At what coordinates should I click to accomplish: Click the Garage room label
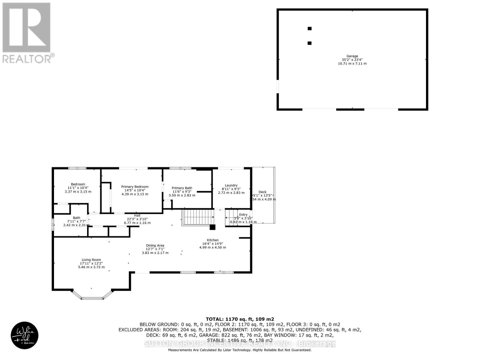[352, 56]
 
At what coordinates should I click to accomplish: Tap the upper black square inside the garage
[310, 28]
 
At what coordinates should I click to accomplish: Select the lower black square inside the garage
[309, 43]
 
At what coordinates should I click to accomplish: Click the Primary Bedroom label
[135, 187]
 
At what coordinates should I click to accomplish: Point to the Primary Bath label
[182, 188]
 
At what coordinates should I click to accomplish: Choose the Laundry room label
[231, 185]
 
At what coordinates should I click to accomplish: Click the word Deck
[262, 192]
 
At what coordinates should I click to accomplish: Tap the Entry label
[243, 214]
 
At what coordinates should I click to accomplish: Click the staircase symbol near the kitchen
[198, 218]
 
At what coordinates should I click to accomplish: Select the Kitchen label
[213, 240]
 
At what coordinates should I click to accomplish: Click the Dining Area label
[155, 245]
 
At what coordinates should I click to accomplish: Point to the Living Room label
[91, 260]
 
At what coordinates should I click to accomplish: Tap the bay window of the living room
[92, 298]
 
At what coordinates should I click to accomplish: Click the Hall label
[137, 215]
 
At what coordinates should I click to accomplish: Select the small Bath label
[76, 218]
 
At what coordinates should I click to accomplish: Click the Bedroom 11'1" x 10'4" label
[78, 184]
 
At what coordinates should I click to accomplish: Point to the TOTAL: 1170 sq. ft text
[240, 319]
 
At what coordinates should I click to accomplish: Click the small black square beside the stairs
[212, 227]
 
